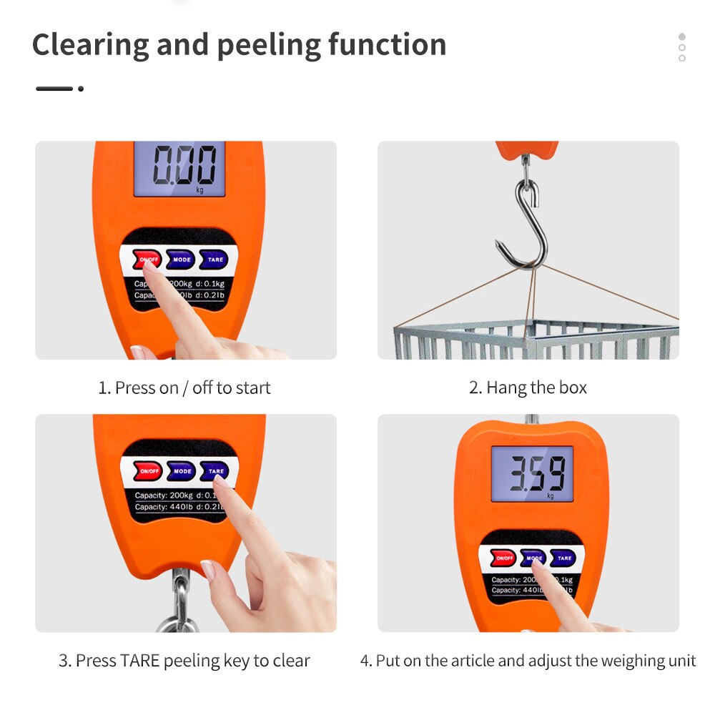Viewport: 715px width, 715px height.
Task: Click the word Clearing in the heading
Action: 90,45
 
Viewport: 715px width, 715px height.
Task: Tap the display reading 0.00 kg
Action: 180,168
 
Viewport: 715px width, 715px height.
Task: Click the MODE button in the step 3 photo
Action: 182,471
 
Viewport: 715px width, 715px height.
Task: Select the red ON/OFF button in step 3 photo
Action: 149,471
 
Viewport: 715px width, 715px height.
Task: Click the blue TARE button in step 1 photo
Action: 214,260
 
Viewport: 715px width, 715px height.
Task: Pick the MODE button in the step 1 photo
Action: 181,260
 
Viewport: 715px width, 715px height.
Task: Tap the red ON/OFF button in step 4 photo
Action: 503,558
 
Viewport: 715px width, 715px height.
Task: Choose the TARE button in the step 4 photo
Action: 563,558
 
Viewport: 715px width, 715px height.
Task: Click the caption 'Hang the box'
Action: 528,388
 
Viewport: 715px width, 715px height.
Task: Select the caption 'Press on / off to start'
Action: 184,388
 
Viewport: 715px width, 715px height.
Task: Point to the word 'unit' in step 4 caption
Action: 681,661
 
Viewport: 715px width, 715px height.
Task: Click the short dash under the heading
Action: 54,89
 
